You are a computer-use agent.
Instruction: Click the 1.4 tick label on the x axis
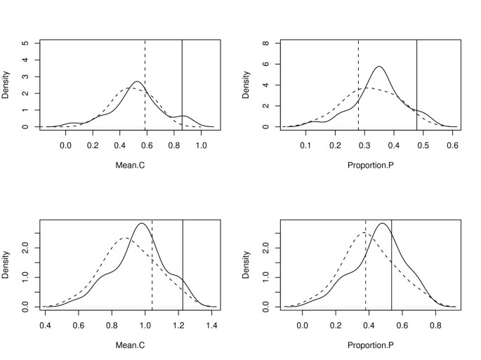212,326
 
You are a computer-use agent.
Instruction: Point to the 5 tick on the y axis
27,43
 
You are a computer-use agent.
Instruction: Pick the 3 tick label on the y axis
27,76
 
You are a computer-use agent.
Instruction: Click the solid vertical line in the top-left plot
183,84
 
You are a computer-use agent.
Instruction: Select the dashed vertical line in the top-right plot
358,84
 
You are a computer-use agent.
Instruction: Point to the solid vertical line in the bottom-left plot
183,264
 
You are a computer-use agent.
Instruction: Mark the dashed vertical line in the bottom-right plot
365,264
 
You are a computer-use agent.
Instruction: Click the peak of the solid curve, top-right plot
379,67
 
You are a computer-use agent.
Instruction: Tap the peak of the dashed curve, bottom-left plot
125,238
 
